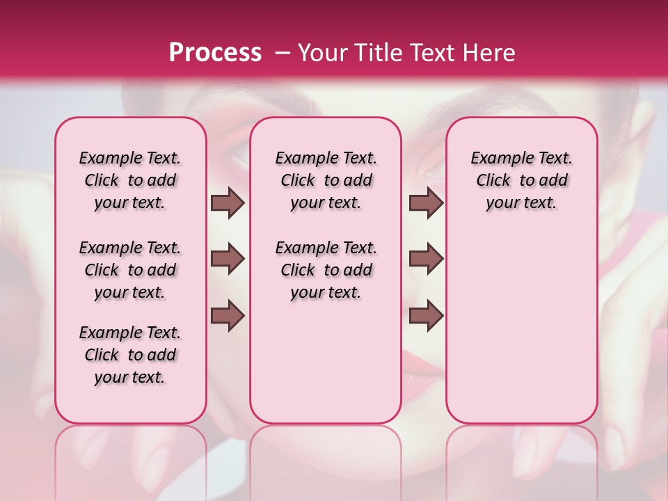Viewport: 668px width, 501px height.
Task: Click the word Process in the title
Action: pyautogui.click(x=215, y=52)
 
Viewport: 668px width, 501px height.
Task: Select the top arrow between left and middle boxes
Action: pyautogui.click(x=228, y=202)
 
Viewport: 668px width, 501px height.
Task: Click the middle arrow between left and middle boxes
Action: pyautogui.click(x=228, y=259)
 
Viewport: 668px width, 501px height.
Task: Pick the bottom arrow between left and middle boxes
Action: pyautogui.click(x=228, y=315)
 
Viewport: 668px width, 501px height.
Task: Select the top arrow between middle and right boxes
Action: pyautogui.click(x=426, y=202)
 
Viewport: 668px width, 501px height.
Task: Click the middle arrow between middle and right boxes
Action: pyautogui.click(x=426, y=259)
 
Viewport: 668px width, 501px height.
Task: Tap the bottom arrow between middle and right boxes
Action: pyautogui.click(x=426, y=315)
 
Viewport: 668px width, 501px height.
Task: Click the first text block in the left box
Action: pyautogui.click(x=130, y=180)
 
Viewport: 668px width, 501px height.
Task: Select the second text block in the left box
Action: pyautogui.click(x=130, y=270)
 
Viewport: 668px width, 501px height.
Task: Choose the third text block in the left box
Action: pyautogui.click(x=130, y=355)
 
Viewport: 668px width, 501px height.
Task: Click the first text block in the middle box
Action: pyautogui.click(x=326, y=180)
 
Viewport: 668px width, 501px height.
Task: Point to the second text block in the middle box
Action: pyautogui.click(x=326, y=270)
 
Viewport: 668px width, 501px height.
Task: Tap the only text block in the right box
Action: pyautogui.click(x=522, y=180)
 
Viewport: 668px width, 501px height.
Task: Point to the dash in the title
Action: pyautogui.click(x=283, y=52)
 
